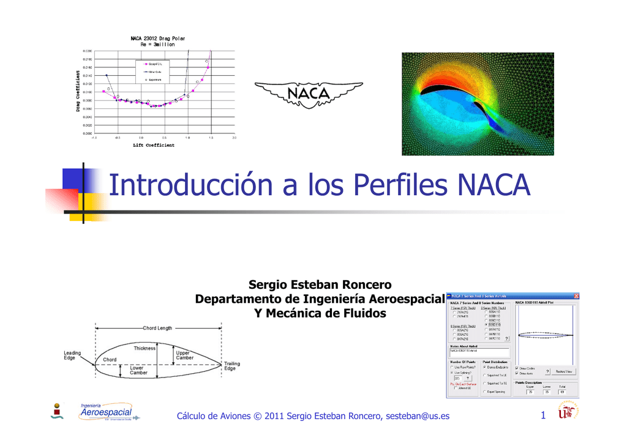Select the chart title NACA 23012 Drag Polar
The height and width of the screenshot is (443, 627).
[158, 38]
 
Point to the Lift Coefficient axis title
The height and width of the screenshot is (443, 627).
[154, 146]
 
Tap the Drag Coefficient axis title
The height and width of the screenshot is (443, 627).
[78, 91]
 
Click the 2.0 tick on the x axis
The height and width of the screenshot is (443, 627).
[235, 138]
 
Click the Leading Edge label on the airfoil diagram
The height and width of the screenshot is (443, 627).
[72, 355]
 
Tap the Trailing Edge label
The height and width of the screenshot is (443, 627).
[232, 366]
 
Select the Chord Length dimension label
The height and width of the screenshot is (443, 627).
[157, 329]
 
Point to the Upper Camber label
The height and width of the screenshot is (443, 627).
[184, 355]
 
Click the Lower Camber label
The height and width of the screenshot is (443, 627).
[138, 370]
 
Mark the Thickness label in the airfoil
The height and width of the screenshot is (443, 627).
[145, 348]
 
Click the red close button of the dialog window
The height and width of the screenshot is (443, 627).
[576, 296]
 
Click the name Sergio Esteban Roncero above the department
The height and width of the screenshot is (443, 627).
[320, 285]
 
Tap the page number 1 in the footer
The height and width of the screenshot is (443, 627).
[543, 417]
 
